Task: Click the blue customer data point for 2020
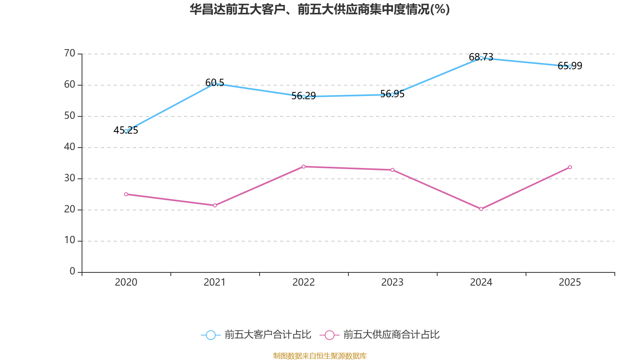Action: coord(126,131)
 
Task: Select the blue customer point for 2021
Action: coord(215,84)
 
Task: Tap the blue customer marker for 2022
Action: coord(304,96)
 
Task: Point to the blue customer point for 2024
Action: coord(481,58)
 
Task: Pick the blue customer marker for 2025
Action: coord(570,66)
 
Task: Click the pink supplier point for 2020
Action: coord(126,194)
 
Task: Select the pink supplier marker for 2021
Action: coord(215,206)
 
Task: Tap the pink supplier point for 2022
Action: coord(304,166)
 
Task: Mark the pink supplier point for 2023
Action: coord(392,170)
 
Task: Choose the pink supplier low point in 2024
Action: coord(481,209)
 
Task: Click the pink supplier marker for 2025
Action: coord(570,167)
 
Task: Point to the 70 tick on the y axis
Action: coord(70,53)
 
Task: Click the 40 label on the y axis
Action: coord(70,147)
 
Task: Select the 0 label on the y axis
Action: coord(72,272)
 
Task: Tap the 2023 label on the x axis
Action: coord(392,282)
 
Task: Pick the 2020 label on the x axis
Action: coord(126,282)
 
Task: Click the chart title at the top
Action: coord(320,9)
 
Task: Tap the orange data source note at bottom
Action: coord(320,356)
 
